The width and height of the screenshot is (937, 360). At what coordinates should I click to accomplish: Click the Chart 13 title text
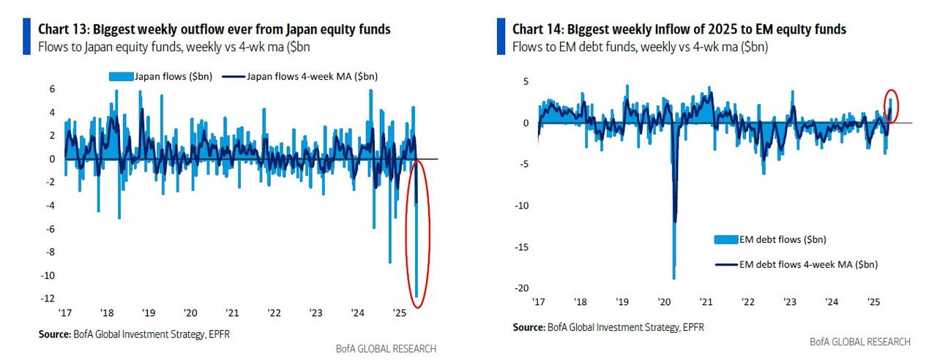pyautogui.click(x=214, y=29)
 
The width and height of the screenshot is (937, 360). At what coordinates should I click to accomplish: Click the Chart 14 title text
pyautogui.click(x=679, y=29)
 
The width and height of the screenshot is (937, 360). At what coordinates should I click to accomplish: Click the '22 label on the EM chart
pyautogui.click(x=748, y=301)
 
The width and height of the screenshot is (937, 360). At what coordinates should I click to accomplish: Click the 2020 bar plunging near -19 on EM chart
pyautogui.click(x=673, y=220)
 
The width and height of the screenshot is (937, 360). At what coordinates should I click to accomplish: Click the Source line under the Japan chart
pyautogui.click(x=139, y=334)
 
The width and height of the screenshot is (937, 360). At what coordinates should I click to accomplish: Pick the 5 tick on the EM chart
pyautogui.click(x=523, y=81)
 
